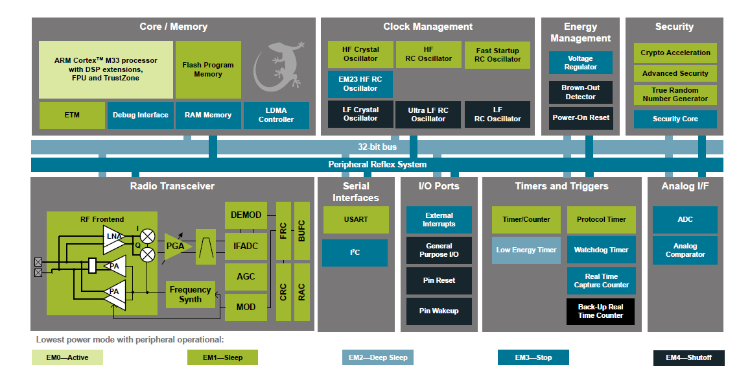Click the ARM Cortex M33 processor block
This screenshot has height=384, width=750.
pyautogui.click(x=106, y=69)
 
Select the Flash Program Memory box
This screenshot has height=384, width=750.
pyautogui.click(x=208, y=69)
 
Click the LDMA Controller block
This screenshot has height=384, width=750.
pyautogui.click(x=276, y=115)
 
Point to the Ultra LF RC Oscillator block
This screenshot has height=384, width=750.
pyautogui.click(x=428, y=115)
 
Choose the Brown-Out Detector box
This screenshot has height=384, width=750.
pyautogui.click(x=580, y=92)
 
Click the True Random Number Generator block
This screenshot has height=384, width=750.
pyautogui.click(x=675, y=95)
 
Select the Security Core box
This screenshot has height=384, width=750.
pyautogui.click(x=675, y=119)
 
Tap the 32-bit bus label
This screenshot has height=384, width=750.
pyautogui.click(x=377, y=147)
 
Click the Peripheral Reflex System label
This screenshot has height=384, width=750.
pyautogui.click(x=377, y=164)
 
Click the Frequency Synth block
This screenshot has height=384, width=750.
pyautogui.click(x=190, y=294)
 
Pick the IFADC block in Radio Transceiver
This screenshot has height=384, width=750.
pyautogui.click(x=246, y=246)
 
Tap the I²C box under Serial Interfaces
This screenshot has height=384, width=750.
pyautogui.click(x=355, y=252)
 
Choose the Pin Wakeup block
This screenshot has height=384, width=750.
pyautogui.click(x=439, y=311)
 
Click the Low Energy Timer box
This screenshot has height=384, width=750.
pyautogui.click(x=526, y=250)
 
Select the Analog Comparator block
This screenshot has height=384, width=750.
pyautogui.click(x=685, y=250)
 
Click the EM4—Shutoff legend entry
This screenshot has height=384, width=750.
pyautogui.click(x=688, y=357)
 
